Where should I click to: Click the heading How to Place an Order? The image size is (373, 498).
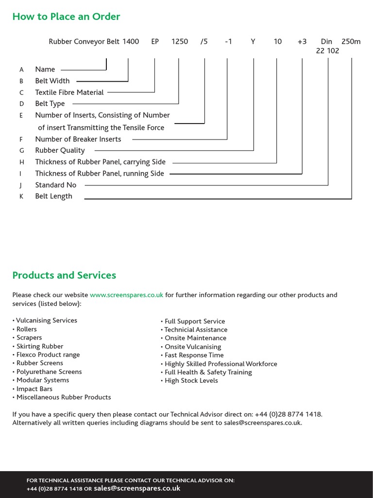[x=66, y=17]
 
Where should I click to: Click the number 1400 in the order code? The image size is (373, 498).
[x=131, y=42]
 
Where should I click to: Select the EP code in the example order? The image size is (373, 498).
[x=155, y=42]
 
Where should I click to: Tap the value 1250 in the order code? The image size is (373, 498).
[x=180, y=42]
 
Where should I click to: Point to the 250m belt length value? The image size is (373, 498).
[x=351, y=42]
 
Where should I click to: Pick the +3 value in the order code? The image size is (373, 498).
[x=302, y=42]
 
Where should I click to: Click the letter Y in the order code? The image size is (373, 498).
[x=253, y=42]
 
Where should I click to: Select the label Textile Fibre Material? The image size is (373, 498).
[x=69, y=92]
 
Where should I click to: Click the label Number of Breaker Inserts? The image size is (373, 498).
[x=78, y=139]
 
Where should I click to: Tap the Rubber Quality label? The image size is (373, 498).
[x=60, y=151]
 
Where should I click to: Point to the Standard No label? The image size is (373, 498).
[x=56, y=185]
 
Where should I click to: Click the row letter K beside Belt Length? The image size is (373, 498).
[x=21, y=197]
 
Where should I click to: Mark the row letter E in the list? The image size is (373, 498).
[x=21, y=116]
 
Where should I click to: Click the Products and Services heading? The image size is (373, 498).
[x=64, y=275]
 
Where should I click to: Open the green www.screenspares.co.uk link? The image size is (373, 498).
[x=126, y=295]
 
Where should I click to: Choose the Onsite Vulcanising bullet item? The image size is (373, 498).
[x=193, y=347]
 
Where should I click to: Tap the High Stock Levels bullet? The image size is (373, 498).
[x=191, y=381]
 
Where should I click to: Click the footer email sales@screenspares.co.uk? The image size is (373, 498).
[x=137, y=488]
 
